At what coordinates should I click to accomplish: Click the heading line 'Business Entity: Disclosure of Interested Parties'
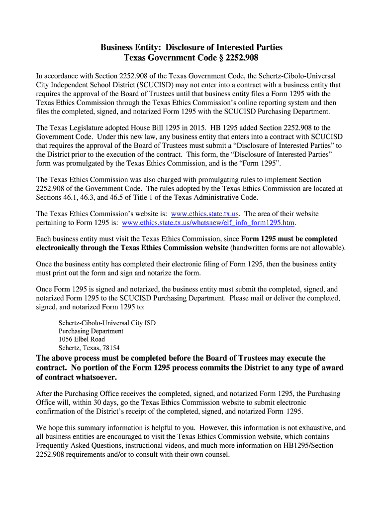click(x=191, y=47)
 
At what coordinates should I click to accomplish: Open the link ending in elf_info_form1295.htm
click(x=208, y=223)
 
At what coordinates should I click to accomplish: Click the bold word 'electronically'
click(x=59, y=248)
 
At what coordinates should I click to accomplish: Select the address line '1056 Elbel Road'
click(x=82, y=339)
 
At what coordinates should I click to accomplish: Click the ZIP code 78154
click(x=110, y=348)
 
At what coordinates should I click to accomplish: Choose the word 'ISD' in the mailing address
click(x=150, y=323)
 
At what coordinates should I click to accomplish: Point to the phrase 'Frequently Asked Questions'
click(x=79, y=445)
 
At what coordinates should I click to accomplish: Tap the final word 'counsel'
click(x=217, y=454)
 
